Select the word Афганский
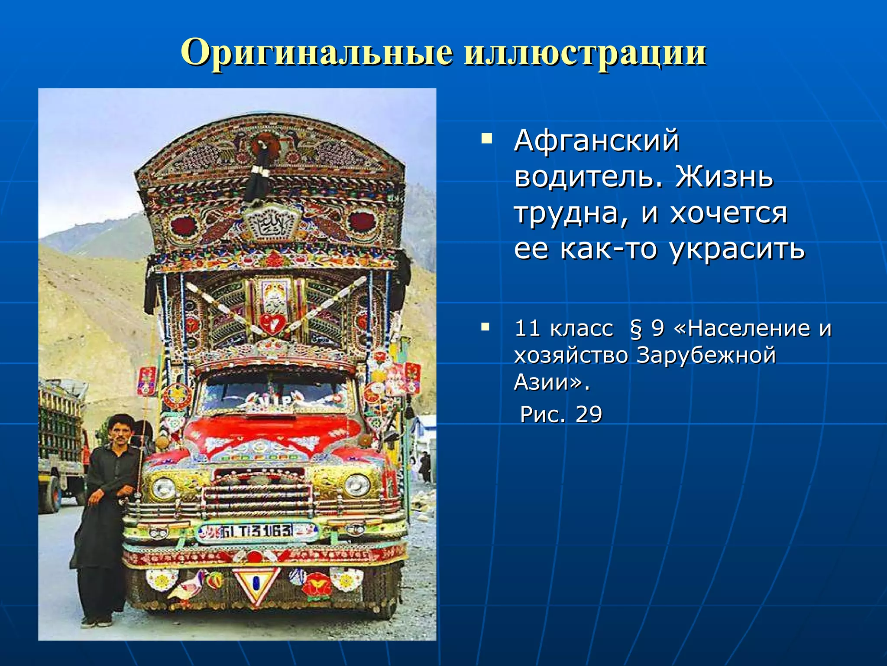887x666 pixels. pyautogui.click(x=596, y=141)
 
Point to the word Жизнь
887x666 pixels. pyautogui.click(x=723, y=177)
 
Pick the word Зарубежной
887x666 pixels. pyautogui.click(x=706, y=355)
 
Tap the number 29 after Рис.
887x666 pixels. pyautogui.click(x=589, y=414)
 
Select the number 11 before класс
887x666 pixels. pyautogui.click(x=527, y=328)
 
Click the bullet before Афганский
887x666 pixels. pyautogui.click(x=486, y=139)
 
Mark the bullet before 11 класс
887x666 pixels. pyautogui.click(x=486, y=326)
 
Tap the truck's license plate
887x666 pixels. pyautogui.click(x=256, y=532)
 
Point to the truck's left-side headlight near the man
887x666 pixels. pyautogui.click(x=164, y=488)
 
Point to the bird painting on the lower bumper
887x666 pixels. pyautogui.click(x=188, y=586)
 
